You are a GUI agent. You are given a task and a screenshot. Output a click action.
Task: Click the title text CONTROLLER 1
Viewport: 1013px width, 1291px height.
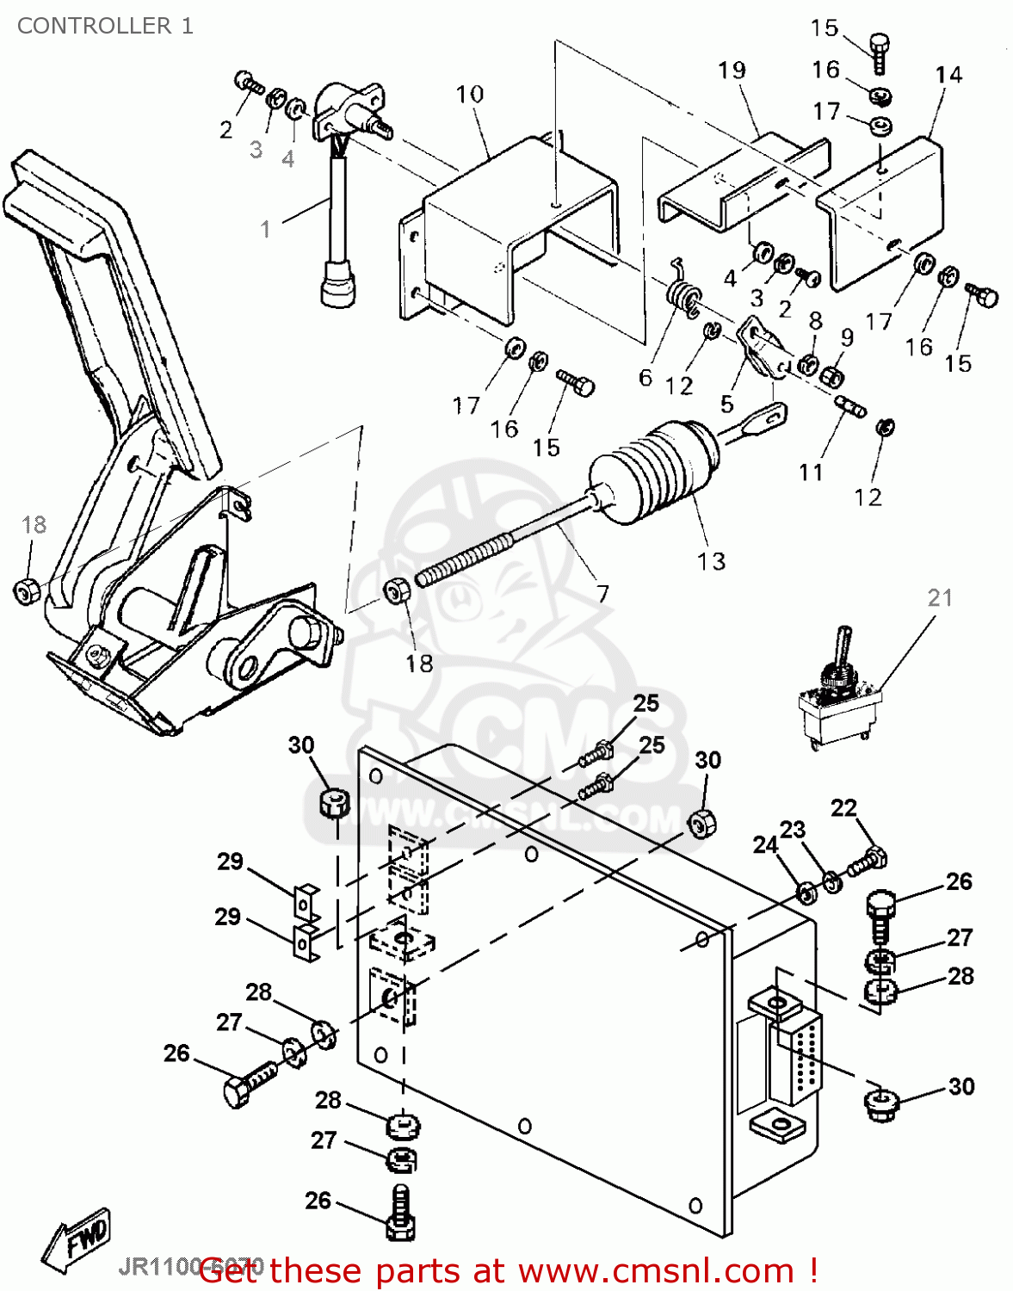point(105,26)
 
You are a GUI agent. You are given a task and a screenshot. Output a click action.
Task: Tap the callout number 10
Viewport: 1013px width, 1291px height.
point(470,94)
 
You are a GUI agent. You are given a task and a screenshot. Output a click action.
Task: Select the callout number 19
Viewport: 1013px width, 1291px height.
point(732,71)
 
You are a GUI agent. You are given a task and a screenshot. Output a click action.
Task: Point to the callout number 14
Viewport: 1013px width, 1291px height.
point(948,75)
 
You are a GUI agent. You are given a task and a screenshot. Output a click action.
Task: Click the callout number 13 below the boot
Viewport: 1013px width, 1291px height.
point(712,561)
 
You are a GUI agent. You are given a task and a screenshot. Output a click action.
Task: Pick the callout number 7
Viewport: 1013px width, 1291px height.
point(602,593)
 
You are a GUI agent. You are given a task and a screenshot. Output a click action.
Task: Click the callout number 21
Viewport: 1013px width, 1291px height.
point(940,597)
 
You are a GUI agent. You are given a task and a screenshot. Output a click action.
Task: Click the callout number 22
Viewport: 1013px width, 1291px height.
point(843,807)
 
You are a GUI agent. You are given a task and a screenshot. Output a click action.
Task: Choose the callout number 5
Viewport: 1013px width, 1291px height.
point(727,404)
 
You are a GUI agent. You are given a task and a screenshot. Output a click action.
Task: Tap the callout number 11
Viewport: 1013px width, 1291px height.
point(811,472)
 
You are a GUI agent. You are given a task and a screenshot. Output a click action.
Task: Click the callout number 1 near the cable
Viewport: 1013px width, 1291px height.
point(266,229)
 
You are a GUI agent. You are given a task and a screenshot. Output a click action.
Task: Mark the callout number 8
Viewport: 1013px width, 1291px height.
point(815,320)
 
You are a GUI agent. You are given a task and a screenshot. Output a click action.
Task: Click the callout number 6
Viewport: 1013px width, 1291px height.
point(645,377)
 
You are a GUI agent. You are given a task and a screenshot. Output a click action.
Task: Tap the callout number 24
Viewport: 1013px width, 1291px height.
point(765,845)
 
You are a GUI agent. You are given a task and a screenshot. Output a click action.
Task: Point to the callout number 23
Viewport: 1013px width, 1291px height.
point(793,829)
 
